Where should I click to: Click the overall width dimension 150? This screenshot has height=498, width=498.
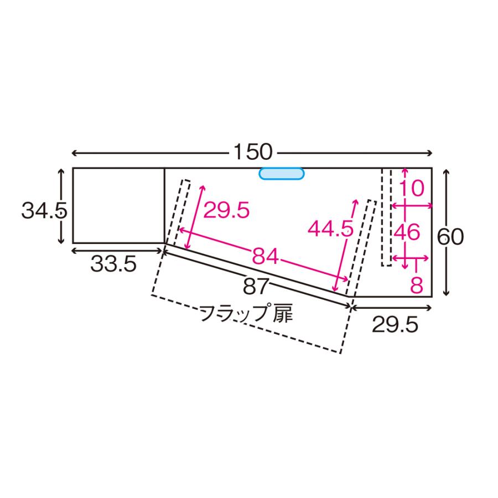tap(253, 153)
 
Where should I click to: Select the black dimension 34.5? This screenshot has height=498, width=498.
tap(44, 211)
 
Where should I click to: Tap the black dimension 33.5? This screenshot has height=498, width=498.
tap(113, 264)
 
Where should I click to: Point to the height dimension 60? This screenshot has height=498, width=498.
tap(450, 237)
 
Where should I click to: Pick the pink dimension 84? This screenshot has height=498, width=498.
tap(266, 256)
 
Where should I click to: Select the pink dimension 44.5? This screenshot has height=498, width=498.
tap(331, 229)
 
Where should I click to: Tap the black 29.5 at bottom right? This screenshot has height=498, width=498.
tap(395, 325)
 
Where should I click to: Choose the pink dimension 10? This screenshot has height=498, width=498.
tap(411, 188)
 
